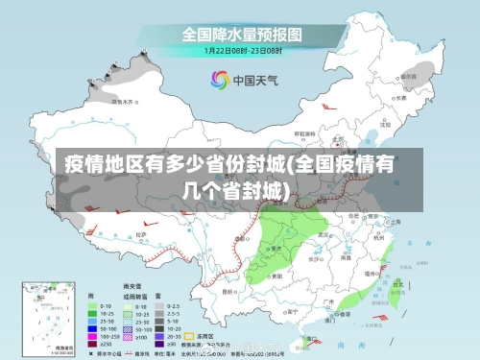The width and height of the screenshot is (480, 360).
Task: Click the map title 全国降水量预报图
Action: [x=242, y=34]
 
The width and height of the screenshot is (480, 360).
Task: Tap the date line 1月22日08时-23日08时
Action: [x=242, y=50]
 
